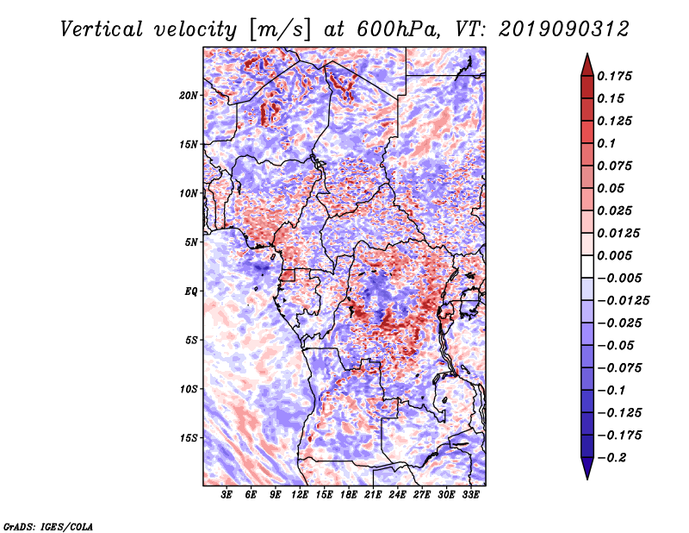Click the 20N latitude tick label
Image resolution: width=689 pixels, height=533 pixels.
pos(189,96)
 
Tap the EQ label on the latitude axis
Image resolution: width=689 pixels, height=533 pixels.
pos(191,292)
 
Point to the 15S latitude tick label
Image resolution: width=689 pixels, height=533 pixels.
pos(189,438)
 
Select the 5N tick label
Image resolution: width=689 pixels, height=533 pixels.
pos(191,242)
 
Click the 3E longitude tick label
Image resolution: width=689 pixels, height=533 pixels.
pos(227,495)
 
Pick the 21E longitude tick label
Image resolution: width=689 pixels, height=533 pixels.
pos(373,495)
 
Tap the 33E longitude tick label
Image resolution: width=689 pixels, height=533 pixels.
pos(470,495)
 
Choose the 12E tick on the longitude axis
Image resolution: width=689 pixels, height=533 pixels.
pos(300,495)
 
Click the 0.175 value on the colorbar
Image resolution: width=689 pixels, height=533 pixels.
pos(614,76)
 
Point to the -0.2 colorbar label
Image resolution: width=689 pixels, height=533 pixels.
pos(611,458)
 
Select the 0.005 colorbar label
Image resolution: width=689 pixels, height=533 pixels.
pos(614,255)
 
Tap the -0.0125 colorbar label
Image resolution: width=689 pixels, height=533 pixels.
pos(623,301)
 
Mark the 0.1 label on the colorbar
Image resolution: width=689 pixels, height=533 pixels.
pos(606,143)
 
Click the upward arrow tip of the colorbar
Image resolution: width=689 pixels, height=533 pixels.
pos(587,53)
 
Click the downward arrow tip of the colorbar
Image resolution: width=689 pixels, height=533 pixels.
pos(587,479)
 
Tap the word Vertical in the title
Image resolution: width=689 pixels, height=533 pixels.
pos(102,29)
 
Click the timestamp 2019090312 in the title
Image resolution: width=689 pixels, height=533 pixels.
pos(564,29)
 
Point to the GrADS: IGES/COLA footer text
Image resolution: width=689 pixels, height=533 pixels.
pos(48,526)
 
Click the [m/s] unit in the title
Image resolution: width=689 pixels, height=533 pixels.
pos(280,29)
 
